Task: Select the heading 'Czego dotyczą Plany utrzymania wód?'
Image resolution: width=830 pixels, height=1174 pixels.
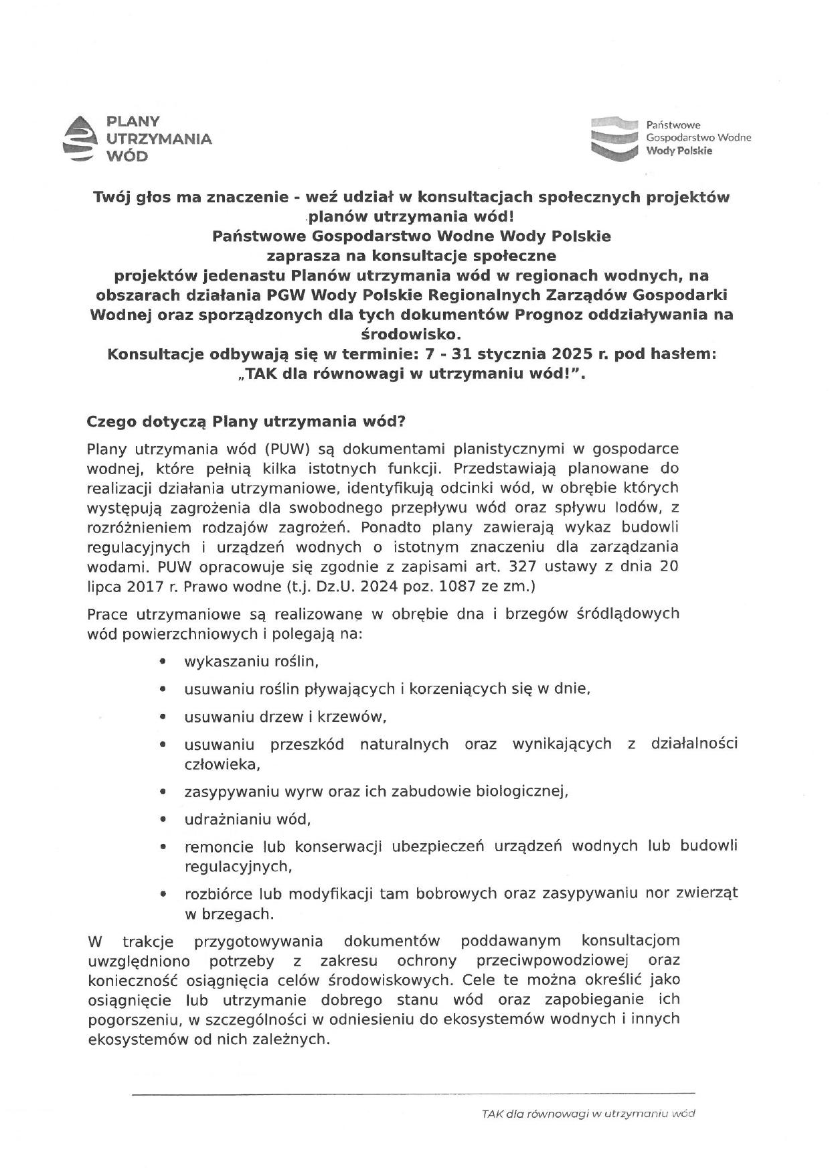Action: pyautogui.click(x=246, y=423)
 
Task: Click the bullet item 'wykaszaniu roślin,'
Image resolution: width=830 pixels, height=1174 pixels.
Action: pyautogui.click(x=251, y=662)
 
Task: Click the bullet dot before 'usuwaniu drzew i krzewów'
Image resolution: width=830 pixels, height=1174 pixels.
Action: pyautogui.click(x=163, y=717)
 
